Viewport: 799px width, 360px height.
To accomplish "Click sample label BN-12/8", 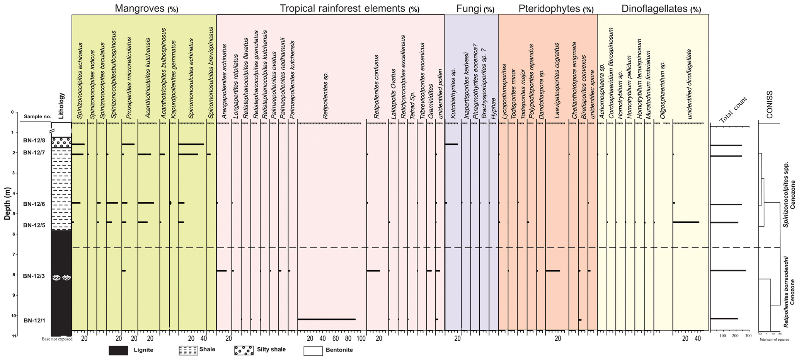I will click(34, 141).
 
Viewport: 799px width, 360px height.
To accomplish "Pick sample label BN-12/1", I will click(34, 320).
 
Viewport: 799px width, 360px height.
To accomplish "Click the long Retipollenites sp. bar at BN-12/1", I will click(326, 319).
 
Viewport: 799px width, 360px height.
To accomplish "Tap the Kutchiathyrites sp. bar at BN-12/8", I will click(451, 144).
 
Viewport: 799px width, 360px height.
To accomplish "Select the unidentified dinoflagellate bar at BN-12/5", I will click(686, 222).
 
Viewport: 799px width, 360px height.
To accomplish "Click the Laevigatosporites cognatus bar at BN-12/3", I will click(552, 271).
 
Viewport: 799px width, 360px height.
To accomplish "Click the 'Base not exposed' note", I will click(57, 340).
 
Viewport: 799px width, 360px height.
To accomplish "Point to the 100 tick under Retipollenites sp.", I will click(361, 339).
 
